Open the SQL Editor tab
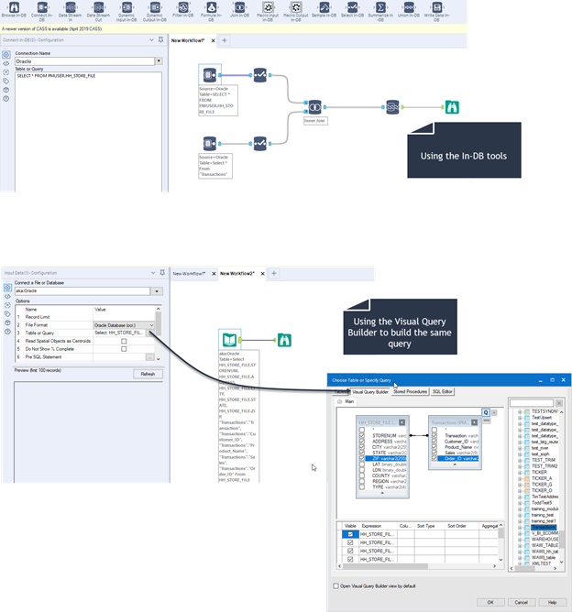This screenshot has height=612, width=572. [444, 391]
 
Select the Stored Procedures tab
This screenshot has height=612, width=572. [410, 391]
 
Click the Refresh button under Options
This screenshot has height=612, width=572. [146, 374]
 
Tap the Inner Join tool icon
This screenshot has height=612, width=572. [314, 107]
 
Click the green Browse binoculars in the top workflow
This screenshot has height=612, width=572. [452, 107]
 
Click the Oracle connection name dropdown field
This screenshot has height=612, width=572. [82, 61]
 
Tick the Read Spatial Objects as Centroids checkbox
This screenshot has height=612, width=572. [124, 340]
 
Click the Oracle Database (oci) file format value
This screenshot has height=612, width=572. [119, 325]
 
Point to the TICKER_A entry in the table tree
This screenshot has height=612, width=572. [542, 477]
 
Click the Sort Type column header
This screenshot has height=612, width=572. [426, 526]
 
